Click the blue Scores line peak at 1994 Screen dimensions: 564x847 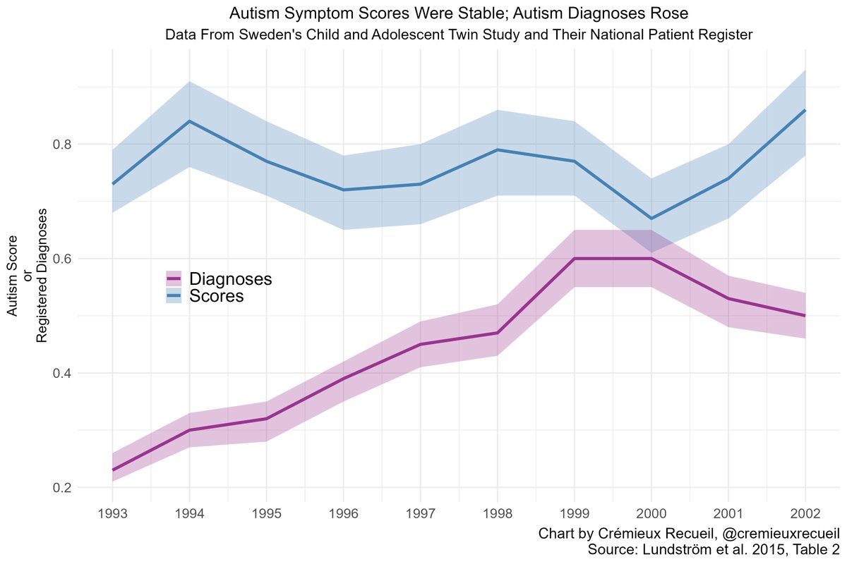click(189, 121)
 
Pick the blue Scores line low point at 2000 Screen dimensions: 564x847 click(651, 219)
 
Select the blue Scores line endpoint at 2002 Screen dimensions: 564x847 click(805, 110)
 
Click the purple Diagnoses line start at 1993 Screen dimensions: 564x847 click(113, 470)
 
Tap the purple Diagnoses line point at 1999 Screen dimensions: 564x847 click(574, 259)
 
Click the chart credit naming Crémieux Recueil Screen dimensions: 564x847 click(688, 533)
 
